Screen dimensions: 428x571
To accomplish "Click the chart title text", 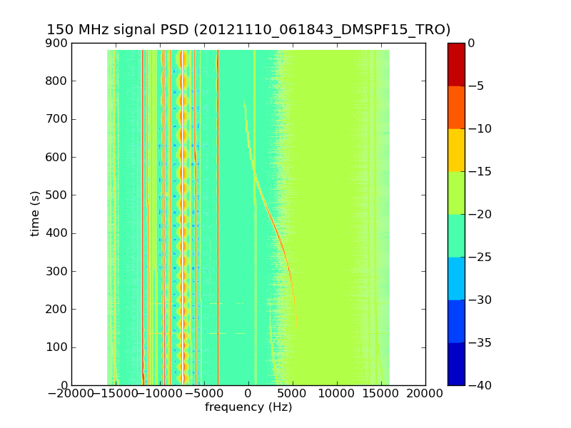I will click(248, 30).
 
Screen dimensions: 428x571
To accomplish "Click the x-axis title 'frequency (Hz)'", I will click(248, 407).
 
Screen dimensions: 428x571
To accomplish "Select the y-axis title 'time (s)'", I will click(35, 214).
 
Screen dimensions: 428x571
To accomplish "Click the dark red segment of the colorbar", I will click(456, 64).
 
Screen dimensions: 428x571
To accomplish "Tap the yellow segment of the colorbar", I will click(456, 150).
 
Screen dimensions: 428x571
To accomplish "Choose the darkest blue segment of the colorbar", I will click(456, 364).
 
